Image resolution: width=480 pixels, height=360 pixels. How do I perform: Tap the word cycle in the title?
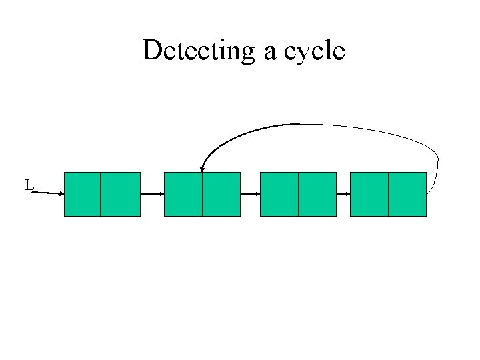pos(314,51)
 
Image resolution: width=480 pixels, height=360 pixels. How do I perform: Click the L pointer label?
pos(29,185)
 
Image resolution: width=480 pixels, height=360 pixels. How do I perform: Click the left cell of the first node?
pos(82,194)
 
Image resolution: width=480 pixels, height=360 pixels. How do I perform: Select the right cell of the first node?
pos(120,194)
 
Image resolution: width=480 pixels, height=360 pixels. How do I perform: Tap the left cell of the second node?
pos(183,194)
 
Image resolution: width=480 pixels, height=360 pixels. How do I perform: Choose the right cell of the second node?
pos(221,194)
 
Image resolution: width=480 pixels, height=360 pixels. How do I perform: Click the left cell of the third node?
pos(279,194)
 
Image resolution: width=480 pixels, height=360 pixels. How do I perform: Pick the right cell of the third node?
pos(317,194)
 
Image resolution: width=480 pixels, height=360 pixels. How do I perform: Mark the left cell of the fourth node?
pos(369,194)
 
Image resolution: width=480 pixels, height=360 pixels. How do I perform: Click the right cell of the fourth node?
pos(407,194)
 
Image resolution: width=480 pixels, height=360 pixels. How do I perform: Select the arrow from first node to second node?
pos(152,194)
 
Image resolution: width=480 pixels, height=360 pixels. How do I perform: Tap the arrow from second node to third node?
pos(249,194)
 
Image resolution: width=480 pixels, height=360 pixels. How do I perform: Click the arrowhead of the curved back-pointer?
pos(202,169)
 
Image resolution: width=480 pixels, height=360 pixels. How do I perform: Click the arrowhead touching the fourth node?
pos(347,194)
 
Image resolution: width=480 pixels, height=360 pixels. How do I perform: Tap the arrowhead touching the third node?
pos(257,194)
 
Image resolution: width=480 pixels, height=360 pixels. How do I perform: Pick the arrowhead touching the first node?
pos(61,194)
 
